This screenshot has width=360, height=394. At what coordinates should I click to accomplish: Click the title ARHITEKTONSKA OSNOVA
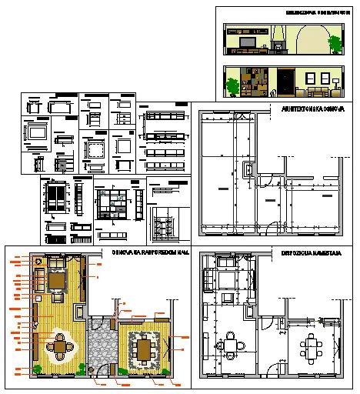311,109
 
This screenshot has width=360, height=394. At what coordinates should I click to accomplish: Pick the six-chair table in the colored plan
143,349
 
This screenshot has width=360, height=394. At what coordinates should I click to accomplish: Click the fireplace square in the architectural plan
248,170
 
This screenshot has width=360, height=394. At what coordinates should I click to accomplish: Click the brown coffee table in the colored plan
58,282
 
